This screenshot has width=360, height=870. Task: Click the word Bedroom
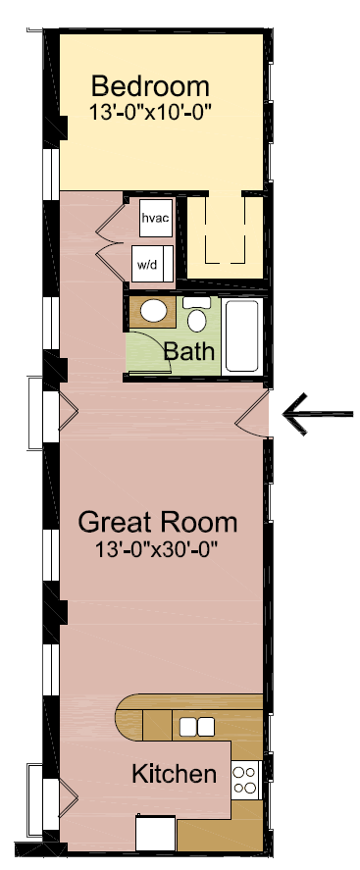coord(151,85)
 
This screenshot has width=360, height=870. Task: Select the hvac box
coord(155,218)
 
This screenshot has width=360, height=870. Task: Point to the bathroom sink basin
coord(153,312)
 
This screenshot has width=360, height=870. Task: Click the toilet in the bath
coord(196,316)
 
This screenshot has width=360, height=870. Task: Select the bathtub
coord(241,335)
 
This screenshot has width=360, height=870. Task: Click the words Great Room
coord(157,520)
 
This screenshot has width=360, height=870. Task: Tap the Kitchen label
coord(174,774)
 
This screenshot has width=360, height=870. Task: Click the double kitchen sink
coord(196,727)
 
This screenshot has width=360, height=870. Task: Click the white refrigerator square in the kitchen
coord(155,834)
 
